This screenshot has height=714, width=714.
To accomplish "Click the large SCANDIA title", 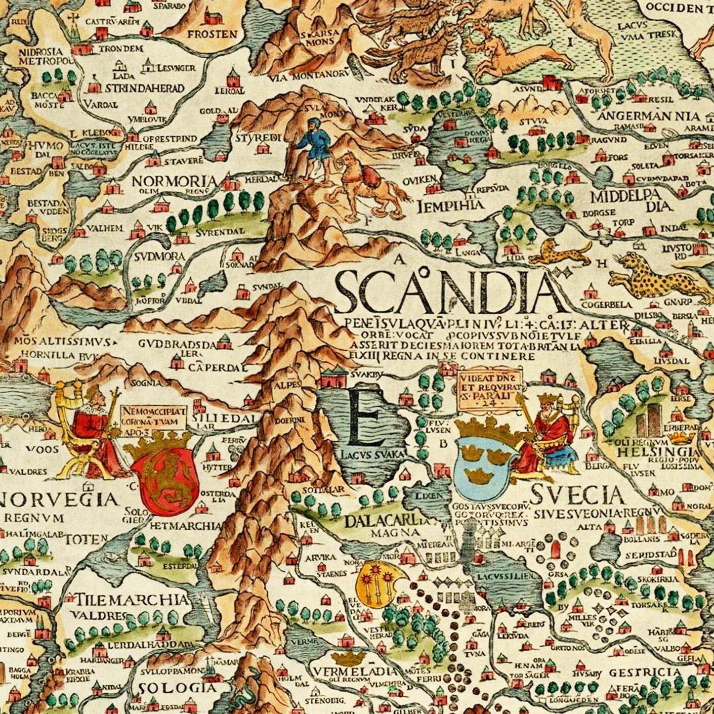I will [x=445, y=295].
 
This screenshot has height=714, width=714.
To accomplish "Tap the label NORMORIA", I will [x=174, y=181].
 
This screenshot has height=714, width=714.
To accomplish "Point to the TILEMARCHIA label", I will [x=131, y=600].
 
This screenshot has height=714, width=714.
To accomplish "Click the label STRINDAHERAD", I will [x=144, y=88].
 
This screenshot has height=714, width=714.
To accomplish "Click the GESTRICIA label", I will [x=645, y=672].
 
